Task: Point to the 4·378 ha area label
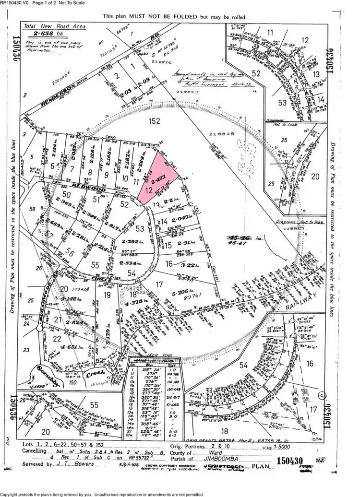coord(132,303)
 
